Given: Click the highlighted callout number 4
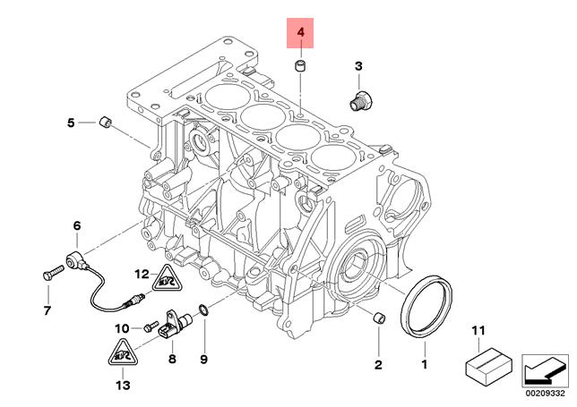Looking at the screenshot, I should tap(301, 34).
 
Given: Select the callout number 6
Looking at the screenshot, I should tap(76, 225).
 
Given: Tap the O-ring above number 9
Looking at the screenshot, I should tap(203, 310).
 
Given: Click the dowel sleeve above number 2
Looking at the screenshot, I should tap(377, 318).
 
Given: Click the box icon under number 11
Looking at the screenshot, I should tap(487, 366).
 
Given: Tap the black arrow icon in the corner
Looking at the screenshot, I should tap(544, 368).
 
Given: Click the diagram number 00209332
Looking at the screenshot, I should tap(545, 391).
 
